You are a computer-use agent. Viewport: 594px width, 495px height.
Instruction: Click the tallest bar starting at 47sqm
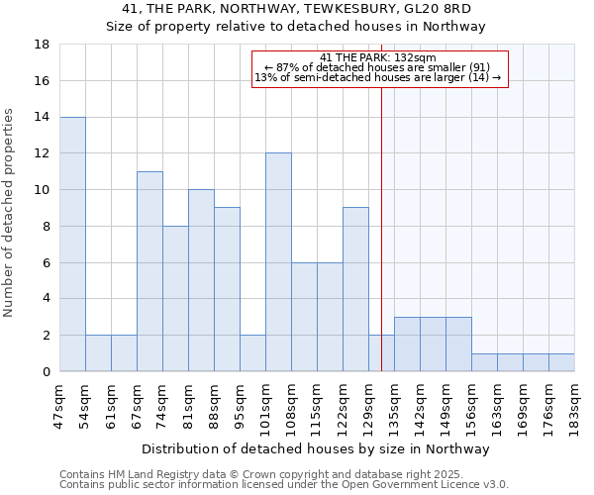72,244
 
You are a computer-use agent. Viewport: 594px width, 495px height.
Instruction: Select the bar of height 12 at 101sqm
278,262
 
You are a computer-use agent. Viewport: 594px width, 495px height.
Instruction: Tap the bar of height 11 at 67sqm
149,271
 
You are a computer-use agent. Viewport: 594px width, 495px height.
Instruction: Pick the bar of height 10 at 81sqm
201,280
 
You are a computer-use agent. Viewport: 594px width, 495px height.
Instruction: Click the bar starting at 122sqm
355,289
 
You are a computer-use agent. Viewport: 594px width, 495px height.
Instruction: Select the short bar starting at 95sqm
252,352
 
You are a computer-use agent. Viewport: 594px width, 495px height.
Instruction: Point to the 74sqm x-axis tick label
162,406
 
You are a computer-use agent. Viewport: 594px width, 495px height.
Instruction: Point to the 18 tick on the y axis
43,45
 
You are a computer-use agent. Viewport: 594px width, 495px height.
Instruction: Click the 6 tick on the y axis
47,262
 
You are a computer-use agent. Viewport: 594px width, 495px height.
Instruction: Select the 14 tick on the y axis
43,117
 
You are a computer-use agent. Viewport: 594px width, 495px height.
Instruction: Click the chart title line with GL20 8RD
296,9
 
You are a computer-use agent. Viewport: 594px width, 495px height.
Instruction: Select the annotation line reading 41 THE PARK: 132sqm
378,57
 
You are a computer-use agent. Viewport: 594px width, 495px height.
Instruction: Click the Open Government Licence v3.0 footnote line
284,485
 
